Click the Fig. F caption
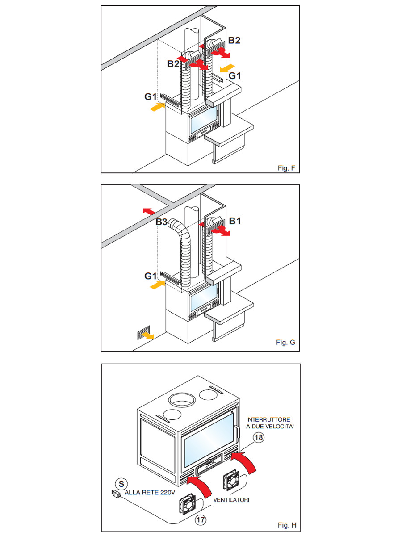coord(286,168)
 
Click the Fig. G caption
coord(285,342)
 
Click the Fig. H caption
coord(287,525)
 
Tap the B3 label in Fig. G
coord(162,222)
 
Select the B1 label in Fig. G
coord(235,221)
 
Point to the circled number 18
coord(259,437)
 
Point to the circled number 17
coord(201,519)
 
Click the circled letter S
coord(121,484)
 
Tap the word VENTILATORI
coord(231,500)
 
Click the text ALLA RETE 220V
coord(150,493)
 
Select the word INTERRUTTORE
coord(268,419)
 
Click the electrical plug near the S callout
coord(116,494)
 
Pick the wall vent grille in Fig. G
coord(143,333)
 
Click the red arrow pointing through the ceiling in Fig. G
coord(149,211)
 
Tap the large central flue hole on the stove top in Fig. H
coord(182,400)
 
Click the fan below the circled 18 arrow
coord(231,480)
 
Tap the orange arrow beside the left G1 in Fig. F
coord(157,107)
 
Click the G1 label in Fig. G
coord(151,276)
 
